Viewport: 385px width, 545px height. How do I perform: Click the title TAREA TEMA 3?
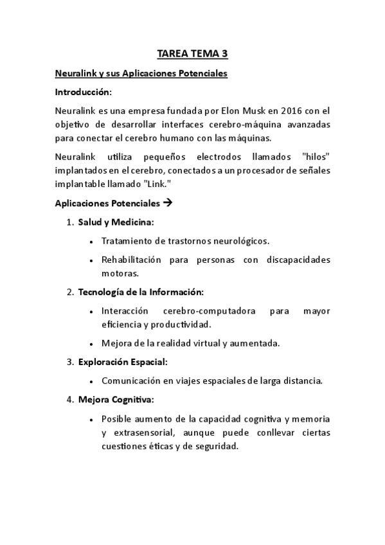(192, 55)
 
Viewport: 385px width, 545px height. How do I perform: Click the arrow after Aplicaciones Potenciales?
(168, 203)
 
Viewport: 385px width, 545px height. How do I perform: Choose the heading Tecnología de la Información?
(140, 292)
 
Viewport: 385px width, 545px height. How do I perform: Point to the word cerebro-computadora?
(209, 310)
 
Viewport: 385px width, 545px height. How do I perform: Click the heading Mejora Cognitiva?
(116, 400)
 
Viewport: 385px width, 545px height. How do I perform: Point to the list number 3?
(70, 362)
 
